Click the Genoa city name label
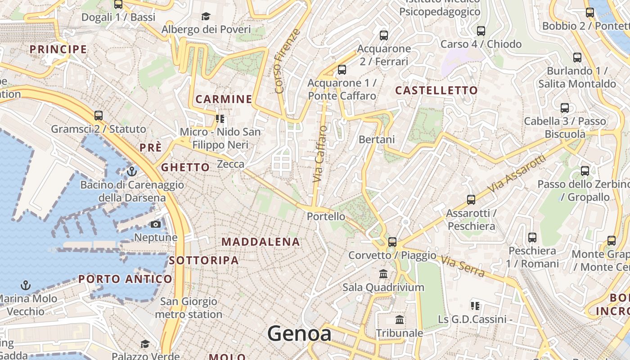(x=299, y=334)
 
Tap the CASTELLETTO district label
(x=436, y=90)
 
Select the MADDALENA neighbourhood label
(x=261, y=242)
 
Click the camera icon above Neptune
(x=156, y=224)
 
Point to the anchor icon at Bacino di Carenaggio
(x=132, y=171)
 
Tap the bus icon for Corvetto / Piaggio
(x=392, y=242)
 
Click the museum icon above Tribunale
(x=399, y=320)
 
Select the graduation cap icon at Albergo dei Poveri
(x=206, y=17)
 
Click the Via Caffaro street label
(x=320, y=154)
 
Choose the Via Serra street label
(x=463, y=266)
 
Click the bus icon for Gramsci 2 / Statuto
(x=99, y=116)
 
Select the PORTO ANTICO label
(x=125, y=279)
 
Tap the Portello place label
(x=326, y=216)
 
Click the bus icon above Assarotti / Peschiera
(x=471, y=199)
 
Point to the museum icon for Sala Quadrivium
(x=383, y=274)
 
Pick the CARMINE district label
(x=224, y=99)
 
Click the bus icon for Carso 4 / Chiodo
(x=481, y=31)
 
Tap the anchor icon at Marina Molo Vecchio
(x=26, y=285)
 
